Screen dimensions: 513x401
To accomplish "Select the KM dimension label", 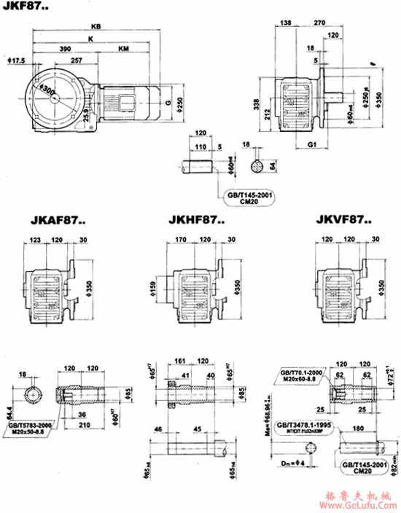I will [124, 47].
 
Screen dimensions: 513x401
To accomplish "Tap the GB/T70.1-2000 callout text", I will [299, 373].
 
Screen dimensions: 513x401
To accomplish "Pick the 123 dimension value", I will [36, 238].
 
